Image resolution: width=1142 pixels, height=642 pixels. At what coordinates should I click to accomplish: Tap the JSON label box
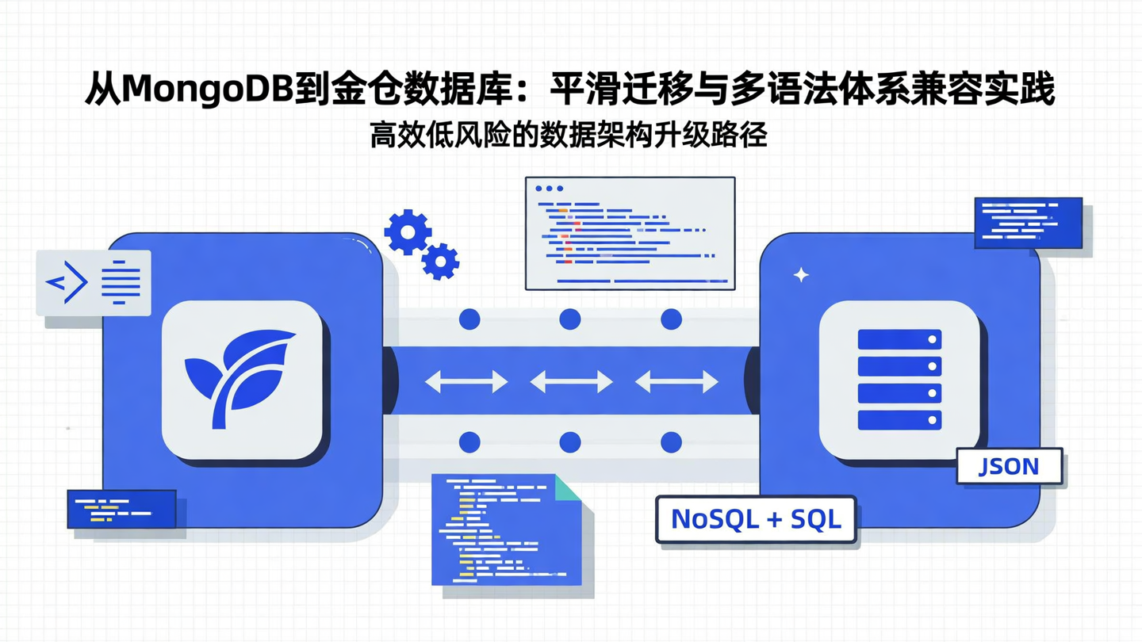click(x=1009, y=466)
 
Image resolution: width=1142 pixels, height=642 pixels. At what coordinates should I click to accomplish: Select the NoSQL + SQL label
click(x=756, y=519)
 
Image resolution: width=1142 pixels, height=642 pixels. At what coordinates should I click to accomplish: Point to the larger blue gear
click(x=408, y=231)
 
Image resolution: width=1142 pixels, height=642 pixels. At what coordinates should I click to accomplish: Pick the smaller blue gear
click(x=441, y=261)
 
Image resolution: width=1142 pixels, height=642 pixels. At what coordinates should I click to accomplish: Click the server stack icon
click(x=899, y=380)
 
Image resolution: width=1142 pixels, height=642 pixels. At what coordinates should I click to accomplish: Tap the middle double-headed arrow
click(x=571, y=382)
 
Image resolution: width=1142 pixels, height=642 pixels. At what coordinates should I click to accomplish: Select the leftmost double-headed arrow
click(x=466, y=382)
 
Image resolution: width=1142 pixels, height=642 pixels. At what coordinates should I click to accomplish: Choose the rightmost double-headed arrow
click(x=676, y=382)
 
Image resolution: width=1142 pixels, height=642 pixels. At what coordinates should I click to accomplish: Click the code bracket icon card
click(x=94, y=282)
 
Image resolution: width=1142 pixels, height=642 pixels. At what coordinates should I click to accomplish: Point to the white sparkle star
click(x=801, y=275)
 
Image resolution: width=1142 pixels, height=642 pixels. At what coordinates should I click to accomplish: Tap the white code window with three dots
click(x=630, y=233)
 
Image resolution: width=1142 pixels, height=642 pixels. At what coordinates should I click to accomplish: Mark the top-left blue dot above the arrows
click(x=469, y=319)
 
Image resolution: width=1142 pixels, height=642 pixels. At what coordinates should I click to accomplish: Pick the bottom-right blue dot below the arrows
click(x=671, y=442)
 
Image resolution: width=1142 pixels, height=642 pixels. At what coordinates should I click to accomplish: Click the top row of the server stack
click(x=899, y=340)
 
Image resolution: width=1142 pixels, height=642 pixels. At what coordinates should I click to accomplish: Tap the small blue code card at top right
click(x=1028, y=223)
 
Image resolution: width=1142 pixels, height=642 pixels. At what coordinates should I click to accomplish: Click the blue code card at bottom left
click(x=121, y=509)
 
